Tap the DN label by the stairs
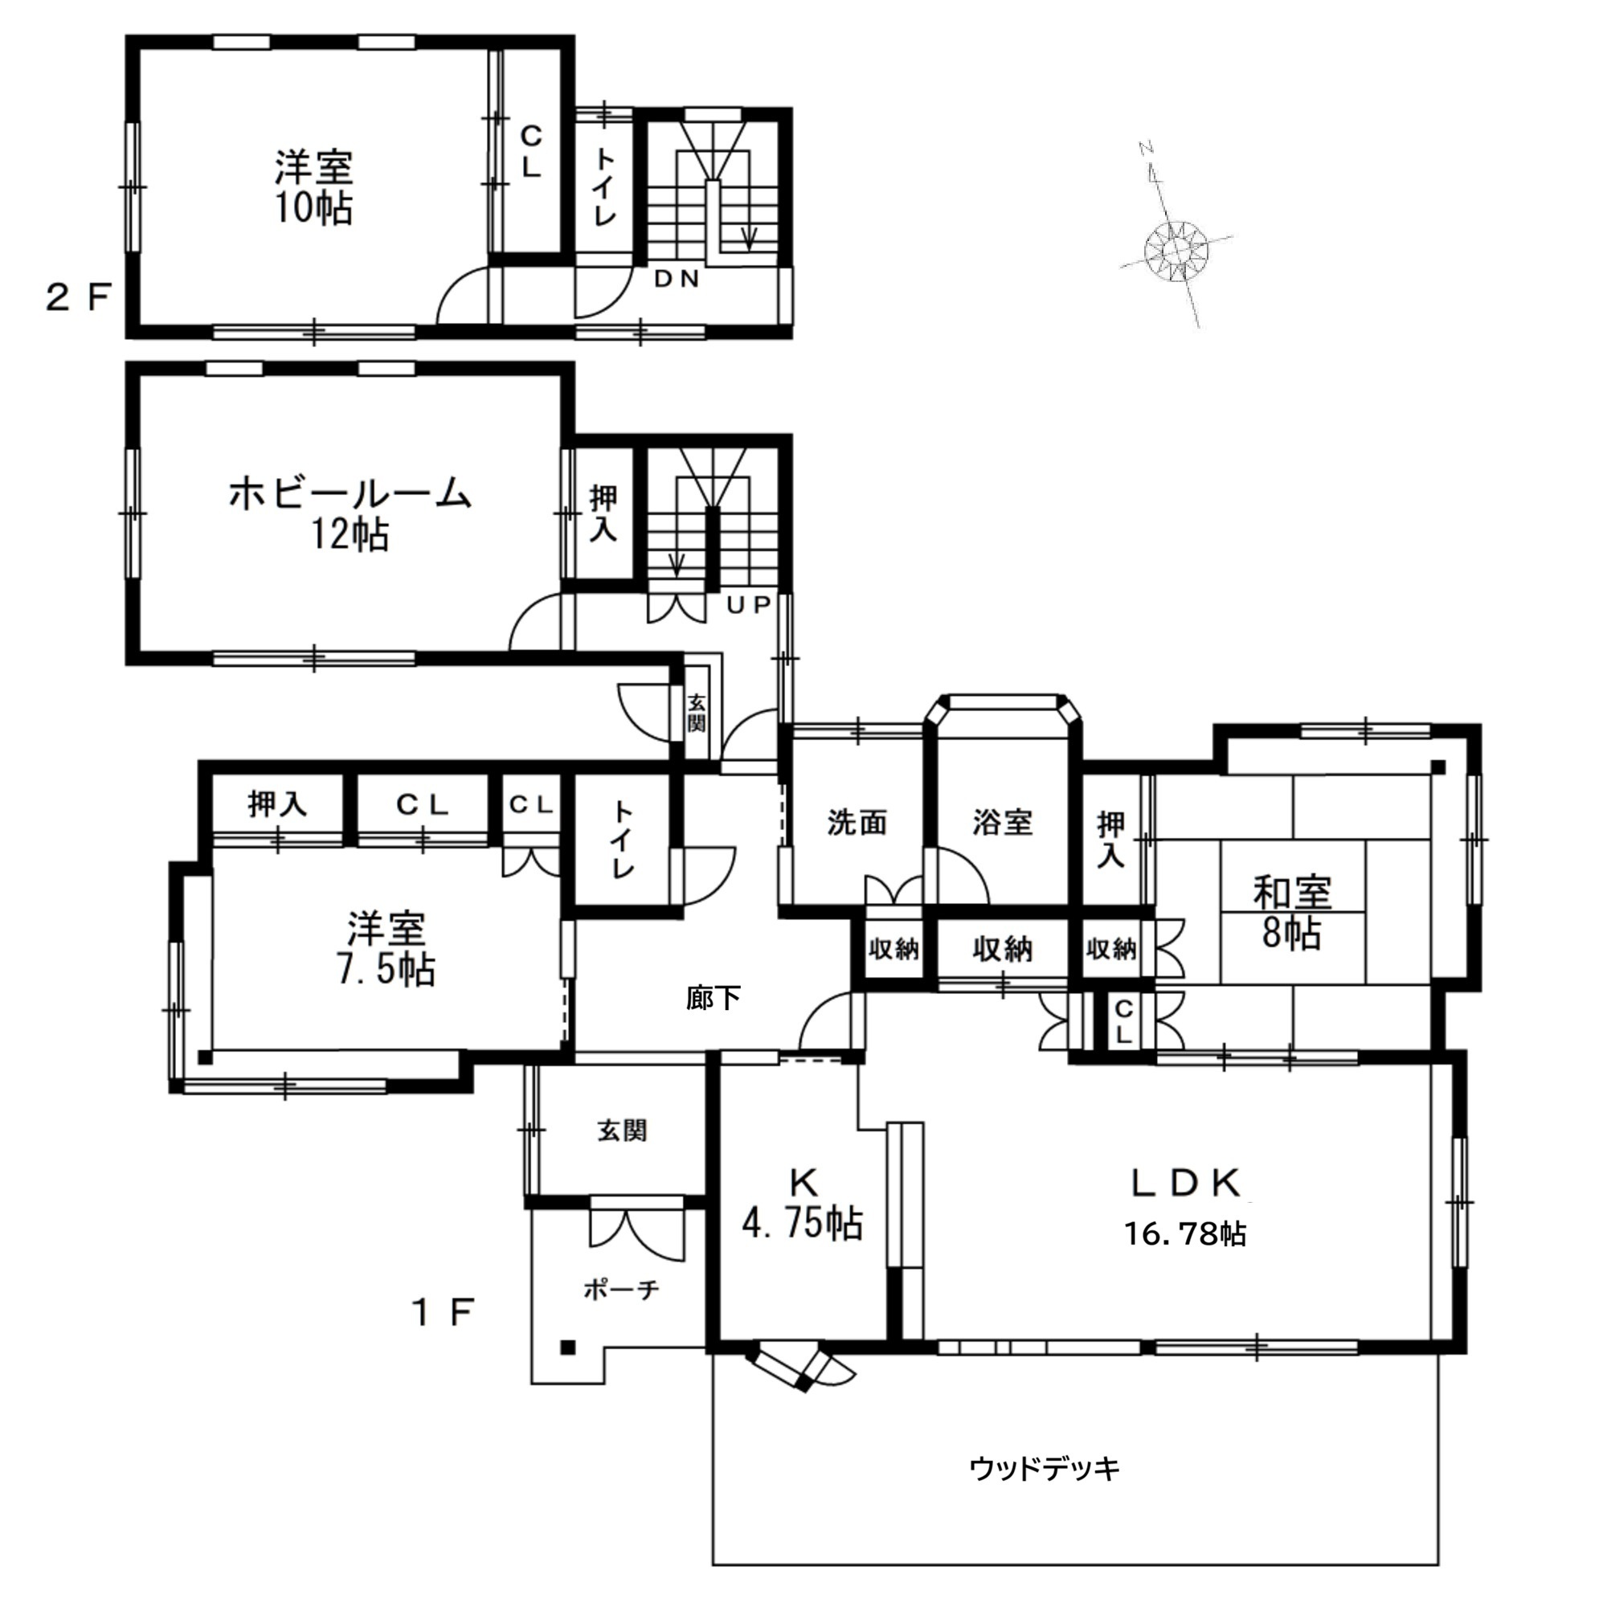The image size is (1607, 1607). [x=677, y=280]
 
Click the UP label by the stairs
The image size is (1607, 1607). [x=749, y=605]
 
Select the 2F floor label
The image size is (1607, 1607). [x=78, y=297]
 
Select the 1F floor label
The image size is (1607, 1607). [x=444, y=1314]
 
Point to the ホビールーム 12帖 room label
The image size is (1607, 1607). [x=350, y=513]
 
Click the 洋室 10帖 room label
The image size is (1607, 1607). [x=314, y=187]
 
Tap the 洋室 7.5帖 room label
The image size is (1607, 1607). [x=386, y=949]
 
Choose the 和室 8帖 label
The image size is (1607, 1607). [x=1292, y=913]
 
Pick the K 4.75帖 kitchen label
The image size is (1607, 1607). [x=803, y=1204]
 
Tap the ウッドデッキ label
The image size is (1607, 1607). [x=1045, y=1468]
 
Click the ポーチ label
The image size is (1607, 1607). [x=621, y=1290]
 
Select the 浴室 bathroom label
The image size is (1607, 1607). [x=1002, y=823]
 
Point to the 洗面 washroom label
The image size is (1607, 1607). [x=857, y=823]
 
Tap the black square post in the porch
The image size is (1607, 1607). [x=568, y=1348]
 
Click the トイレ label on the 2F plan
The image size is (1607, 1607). [x=605, y=188]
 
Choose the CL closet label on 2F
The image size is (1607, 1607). [x=530, y=151]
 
